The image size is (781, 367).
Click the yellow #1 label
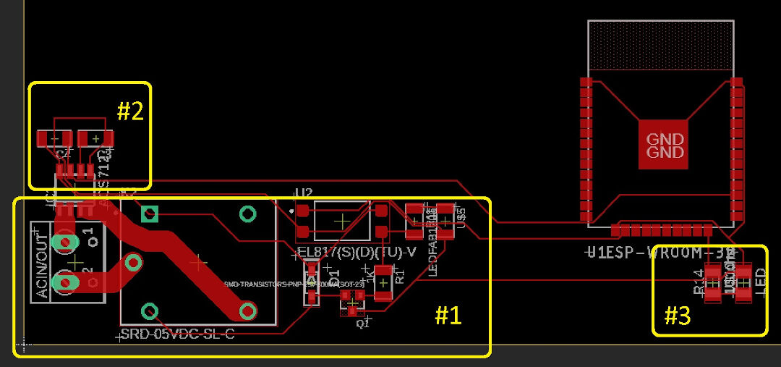point(448,316)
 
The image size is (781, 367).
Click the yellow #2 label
point(130,111)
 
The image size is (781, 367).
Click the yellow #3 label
point(678,316)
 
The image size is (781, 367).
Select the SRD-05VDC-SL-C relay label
point(177,335)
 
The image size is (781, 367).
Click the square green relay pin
point(150,214)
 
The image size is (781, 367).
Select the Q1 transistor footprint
point(352,303)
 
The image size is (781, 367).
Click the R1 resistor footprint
point(383,282)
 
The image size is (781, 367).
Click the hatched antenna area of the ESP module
point(661,45)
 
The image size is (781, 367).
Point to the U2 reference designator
point(304,193)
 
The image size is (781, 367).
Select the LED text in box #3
point(760,282)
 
